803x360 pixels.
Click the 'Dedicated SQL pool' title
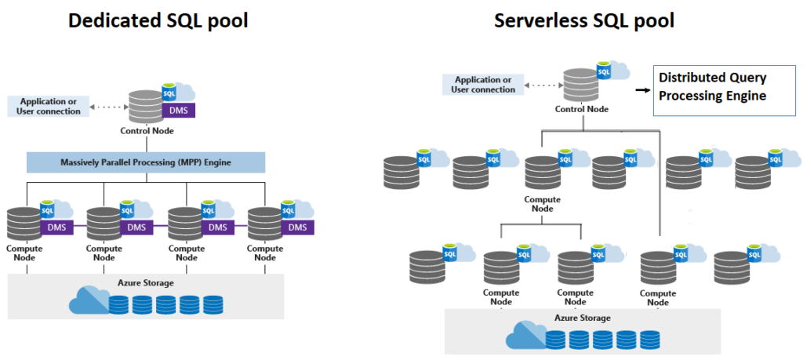click(x=158, y=20)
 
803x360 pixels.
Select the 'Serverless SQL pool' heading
click(x=584, y=20)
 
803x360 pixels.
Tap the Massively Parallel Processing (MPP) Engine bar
click(x=146, y=162)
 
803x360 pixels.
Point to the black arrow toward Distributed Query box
click(x=642, y=90)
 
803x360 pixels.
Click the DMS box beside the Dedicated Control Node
click(x=179, y=111)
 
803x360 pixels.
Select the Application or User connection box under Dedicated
click(x=48, y=106)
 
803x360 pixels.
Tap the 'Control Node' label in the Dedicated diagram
click(x=147, y=131)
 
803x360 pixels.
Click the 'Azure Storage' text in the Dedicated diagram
click(x=147, y=282)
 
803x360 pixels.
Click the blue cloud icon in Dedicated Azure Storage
click(x=89, y=301)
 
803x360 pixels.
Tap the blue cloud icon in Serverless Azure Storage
click(x=525, y=336)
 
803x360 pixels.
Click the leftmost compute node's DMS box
click(x=57, y=227)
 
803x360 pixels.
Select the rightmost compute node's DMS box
click(x=297, y=227)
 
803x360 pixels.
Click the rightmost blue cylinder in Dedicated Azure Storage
click(x=213, y=304)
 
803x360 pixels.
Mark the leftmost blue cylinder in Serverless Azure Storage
click(x=555, y=340)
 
